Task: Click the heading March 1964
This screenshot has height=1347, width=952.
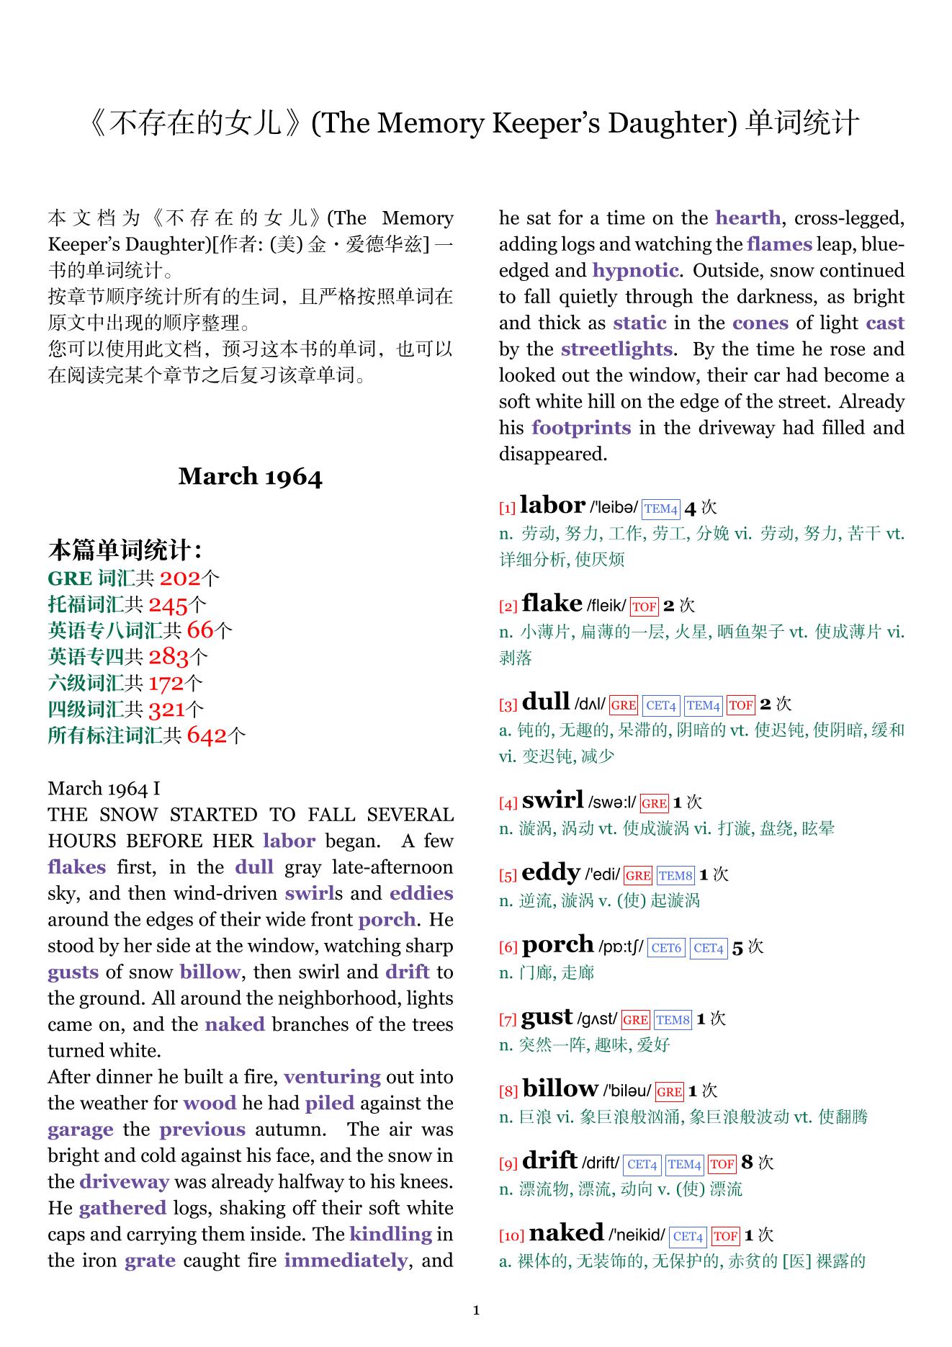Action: pos(250,477)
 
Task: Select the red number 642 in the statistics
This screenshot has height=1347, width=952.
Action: pos(207,735)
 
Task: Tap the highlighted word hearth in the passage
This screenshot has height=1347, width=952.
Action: pos(747,218)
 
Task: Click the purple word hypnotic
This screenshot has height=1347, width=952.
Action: pos(634,271)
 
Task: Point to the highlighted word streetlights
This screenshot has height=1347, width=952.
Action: pos(616,349)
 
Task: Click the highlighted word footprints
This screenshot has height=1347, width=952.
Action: pos(580,428)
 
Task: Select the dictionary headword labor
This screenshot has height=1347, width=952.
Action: pos(552,505)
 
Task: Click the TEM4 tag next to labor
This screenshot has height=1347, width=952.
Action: pos(660,509)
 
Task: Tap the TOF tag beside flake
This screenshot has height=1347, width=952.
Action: pos(644,607)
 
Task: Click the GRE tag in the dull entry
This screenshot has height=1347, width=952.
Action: pos(623,705)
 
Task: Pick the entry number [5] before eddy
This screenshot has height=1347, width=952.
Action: pos(508,876)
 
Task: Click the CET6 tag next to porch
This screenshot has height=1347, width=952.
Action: pos(665,948)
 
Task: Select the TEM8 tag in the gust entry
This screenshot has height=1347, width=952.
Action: pos(673,1020)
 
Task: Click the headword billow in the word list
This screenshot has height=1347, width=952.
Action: pos(560,1088)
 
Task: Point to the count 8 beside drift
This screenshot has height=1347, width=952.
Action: pos(747,1162)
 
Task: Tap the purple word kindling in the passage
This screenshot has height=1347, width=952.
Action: pos(390,1235)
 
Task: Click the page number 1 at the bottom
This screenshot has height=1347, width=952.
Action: pos(476,1310)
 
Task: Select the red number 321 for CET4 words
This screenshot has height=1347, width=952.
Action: pos(167,710)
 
